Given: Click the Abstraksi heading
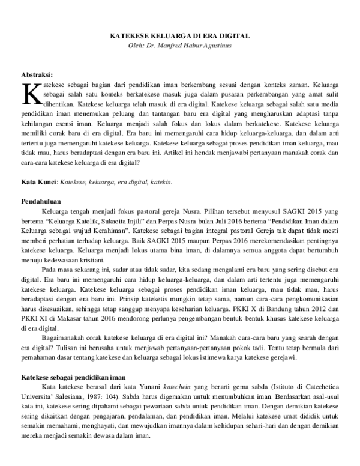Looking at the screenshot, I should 38,75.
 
